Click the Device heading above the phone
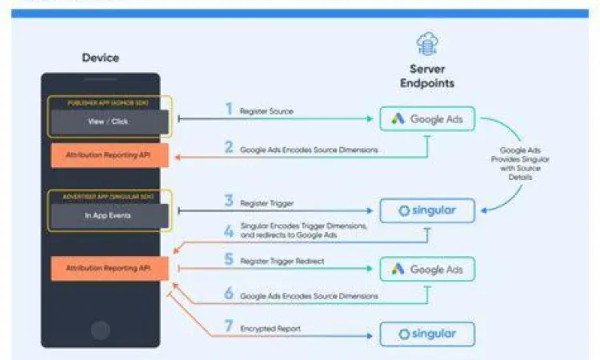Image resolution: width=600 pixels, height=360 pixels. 101,58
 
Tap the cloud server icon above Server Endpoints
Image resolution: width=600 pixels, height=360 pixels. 427,43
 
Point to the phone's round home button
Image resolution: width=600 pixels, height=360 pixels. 101,329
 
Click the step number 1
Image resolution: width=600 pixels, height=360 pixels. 228,110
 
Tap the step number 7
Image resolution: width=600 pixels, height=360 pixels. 228,327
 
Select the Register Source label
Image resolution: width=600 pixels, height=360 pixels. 266,111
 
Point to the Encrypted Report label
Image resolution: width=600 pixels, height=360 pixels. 270,328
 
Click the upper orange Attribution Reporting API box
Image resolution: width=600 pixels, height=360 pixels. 110,154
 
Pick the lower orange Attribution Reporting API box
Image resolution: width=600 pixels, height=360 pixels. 110,268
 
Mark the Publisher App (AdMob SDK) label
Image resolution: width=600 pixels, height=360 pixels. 110,102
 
